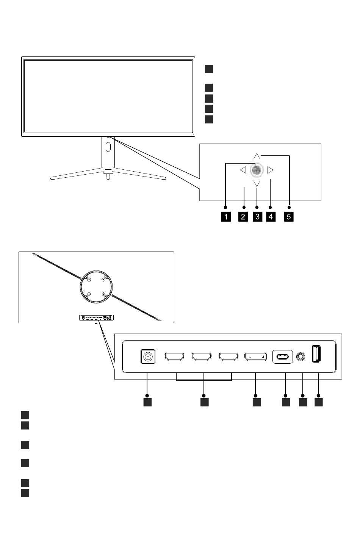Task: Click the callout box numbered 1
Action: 225,217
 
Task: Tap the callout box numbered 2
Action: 243,217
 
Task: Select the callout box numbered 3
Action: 257,217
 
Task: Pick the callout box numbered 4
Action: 271,217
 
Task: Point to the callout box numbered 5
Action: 289,217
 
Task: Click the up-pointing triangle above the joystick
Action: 257,156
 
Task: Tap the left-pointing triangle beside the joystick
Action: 243,170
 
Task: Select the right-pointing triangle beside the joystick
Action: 270,170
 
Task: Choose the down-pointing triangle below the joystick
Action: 257,184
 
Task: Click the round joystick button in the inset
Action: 257,170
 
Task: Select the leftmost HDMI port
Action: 174,357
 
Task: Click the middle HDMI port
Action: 201,357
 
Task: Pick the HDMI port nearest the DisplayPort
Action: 228,357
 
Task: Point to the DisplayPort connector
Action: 255,357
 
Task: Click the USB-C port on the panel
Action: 282,357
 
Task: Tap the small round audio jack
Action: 301,356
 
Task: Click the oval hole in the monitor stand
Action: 108,147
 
